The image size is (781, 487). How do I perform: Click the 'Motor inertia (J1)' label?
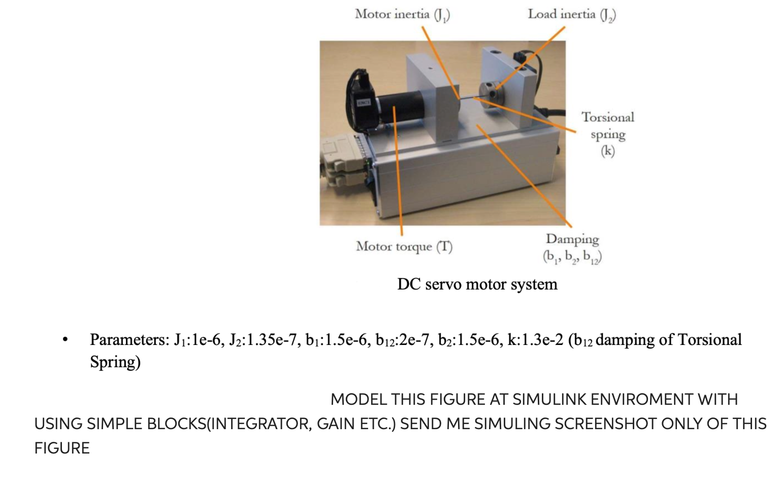[402, 15]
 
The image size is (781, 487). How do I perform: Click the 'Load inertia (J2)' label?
[572, 15]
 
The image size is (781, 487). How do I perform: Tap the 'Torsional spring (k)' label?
[608, 134]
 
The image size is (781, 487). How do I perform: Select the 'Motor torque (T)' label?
[404, 247]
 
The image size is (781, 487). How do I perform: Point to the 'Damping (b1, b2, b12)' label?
[572, 248]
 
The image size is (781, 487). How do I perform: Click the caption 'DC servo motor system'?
[477, 284]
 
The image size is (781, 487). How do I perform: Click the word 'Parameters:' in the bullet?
[129, 339]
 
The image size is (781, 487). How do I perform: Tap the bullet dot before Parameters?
[64, 340]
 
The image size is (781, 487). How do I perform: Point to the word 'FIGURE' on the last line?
[62, 448]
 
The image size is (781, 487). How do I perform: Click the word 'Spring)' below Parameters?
[115, 362]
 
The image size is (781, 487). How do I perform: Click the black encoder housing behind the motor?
[362, 96]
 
